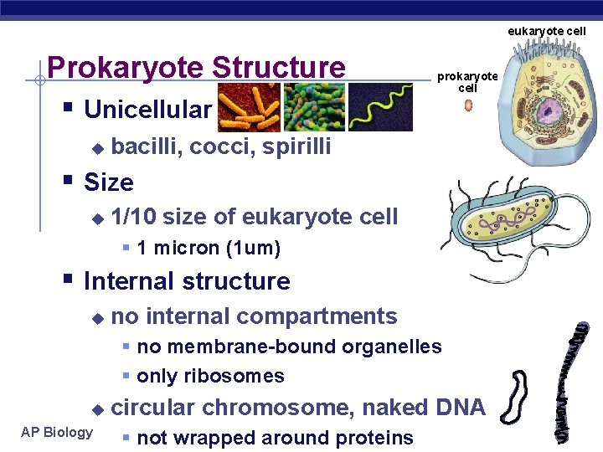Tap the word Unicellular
[x=148, y=110]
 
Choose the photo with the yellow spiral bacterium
[x=380, y=106]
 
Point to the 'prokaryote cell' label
[x=467, y=82]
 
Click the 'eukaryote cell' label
[x=547, y=31]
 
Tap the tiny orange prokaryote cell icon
[x=467, y=106]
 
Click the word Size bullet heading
[x=109, y=182]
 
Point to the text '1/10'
[x=133, y=217]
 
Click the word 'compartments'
[x=325, y=316]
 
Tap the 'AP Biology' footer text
[x=57, y=432]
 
